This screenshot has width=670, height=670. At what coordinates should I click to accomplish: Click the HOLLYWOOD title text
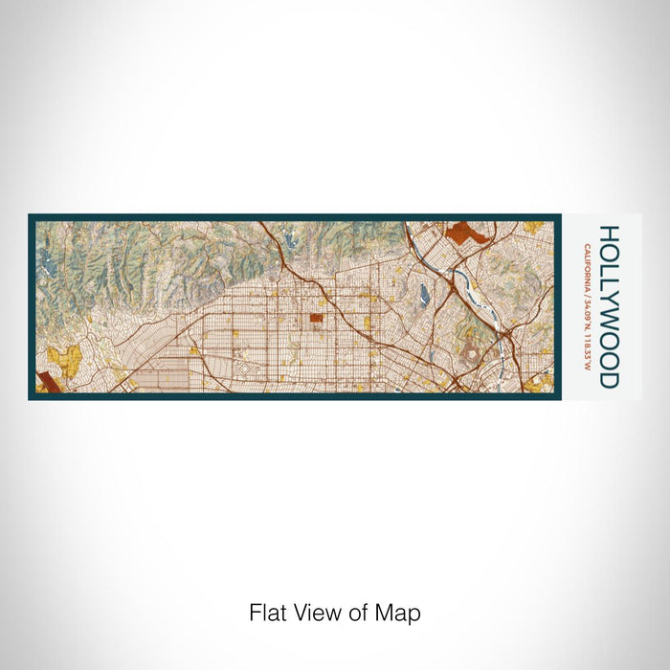pos(609,306)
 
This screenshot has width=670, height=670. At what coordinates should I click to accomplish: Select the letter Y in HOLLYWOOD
pos(609,304)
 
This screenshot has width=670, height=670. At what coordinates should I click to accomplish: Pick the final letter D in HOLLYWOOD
pos(609,380)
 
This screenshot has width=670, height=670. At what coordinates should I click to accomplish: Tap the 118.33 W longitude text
pos(585,349)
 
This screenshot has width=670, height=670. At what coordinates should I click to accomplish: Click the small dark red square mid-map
pos(315,319)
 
